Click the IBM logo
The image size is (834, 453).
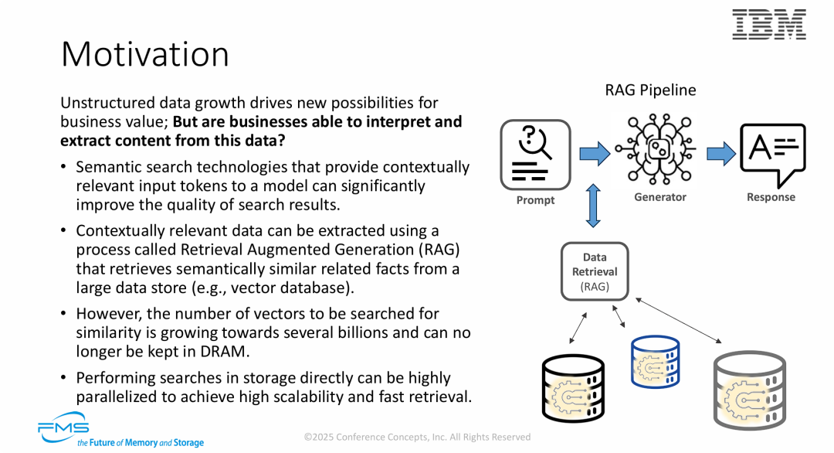tap(768, 25)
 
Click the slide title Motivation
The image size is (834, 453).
tap(145, 55)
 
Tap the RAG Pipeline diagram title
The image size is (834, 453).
tap(649, 90)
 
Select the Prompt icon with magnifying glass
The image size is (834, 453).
tap(535, 155)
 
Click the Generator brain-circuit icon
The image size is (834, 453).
tap(659, 150)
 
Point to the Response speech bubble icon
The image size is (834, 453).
tap(771, 152)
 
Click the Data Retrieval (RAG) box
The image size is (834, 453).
tap(595, 271)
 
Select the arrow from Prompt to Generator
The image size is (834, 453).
tap(595, 153)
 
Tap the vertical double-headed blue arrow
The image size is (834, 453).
tap(593, 206)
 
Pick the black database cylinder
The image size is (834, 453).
tap(574, 386)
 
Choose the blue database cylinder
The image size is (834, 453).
tap(656, 363)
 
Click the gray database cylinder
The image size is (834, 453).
tap(748, 391)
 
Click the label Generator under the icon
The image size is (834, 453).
tap(659, 197)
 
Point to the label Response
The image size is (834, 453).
tap(771, 197)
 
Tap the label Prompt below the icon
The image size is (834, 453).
tap(535, 200)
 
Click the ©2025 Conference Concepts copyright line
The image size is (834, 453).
tap(417, 437)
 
